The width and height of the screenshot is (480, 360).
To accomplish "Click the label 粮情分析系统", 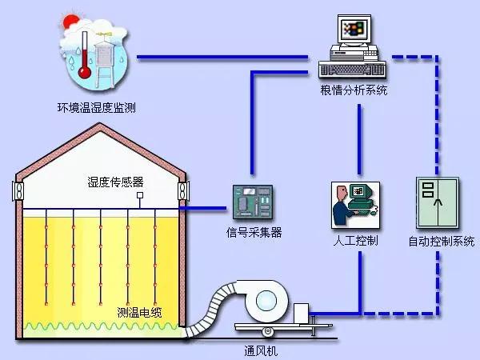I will [x=353, y=90].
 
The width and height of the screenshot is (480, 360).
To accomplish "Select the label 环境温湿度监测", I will [x=96, y=106].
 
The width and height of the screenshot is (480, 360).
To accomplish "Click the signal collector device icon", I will [x=252, y=203].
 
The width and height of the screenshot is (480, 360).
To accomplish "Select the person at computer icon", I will [x=352, y=203].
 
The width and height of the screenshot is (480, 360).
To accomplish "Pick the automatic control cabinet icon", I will [x=435, y=203].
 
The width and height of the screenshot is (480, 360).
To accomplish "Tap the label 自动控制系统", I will [x=436, y=239].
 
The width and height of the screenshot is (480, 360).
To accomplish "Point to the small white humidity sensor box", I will [x=140, y=194].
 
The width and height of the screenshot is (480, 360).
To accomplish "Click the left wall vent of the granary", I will [x=16, y=191].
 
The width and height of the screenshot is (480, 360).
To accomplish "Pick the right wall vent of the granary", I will [x=183, y=191].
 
